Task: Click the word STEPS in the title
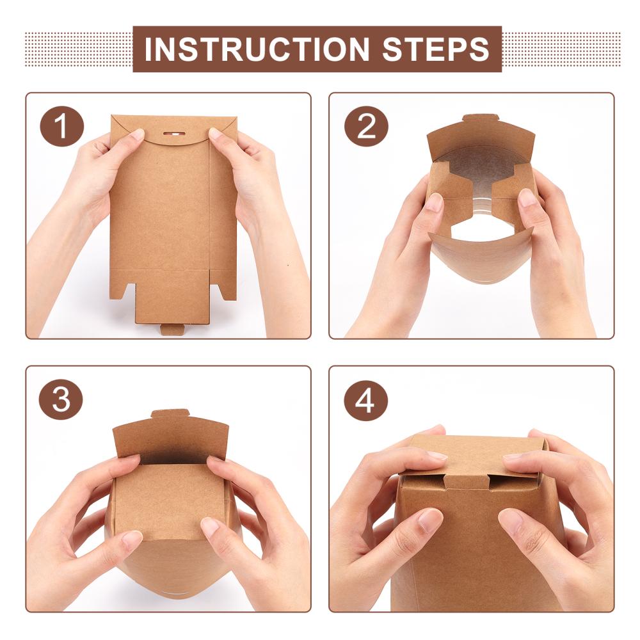click(435, 49)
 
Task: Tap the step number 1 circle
click(61, 127)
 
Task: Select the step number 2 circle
click(366, 127)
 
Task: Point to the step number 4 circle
click(365, 401)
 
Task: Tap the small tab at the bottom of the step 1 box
click(173, 329)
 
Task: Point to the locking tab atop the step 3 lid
click(171, 413)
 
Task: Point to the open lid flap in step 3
click(171, 439)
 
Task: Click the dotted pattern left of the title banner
click(78, 49)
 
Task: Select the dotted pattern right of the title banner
click(561, 49)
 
